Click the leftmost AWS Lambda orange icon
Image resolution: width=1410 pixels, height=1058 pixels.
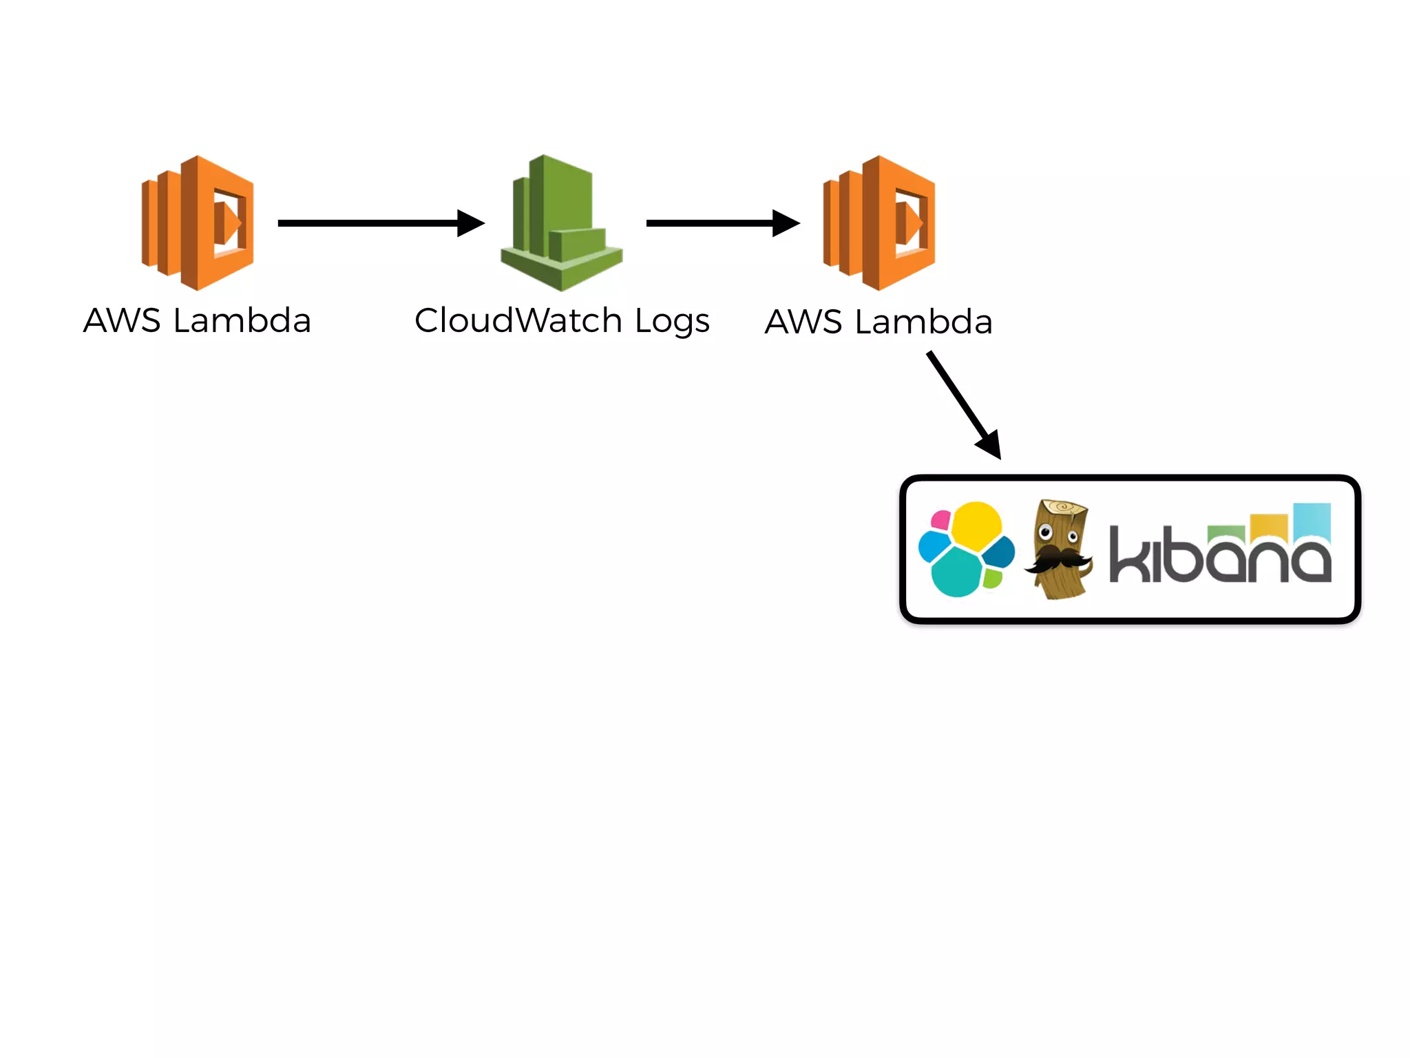198,222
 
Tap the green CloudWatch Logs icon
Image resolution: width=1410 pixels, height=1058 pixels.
561,222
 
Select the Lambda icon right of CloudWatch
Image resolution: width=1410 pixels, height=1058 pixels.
879,222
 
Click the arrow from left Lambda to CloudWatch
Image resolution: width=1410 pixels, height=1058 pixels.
372,223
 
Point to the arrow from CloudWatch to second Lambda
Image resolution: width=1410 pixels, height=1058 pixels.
716,223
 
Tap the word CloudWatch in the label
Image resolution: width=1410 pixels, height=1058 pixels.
518,321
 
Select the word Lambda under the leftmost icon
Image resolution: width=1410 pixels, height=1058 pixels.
242,321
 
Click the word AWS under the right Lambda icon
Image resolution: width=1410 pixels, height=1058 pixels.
803,322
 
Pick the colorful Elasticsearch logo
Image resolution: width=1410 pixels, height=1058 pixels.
967,549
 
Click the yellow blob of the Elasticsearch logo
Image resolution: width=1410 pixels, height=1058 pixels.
976,525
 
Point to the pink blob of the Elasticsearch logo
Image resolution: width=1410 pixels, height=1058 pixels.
940,520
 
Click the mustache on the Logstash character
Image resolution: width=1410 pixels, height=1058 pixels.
1057,559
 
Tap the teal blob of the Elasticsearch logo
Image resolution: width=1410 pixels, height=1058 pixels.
957,572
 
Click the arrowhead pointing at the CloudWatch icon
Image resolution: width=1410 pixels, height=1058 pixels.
471,223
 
